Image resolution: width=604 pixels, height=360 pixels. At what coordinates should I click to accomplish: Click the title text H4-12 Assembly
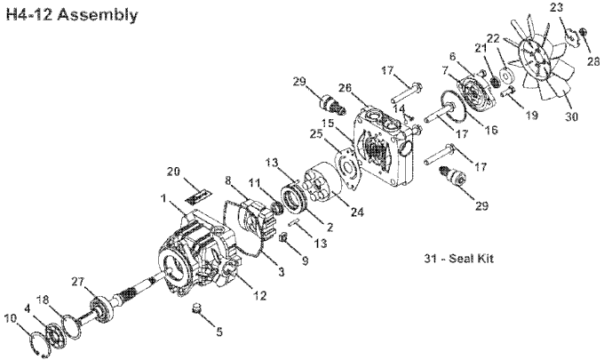coord(71,15)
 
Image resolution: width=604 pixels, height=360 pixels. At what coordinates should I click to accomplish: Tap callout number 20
coord(174,170)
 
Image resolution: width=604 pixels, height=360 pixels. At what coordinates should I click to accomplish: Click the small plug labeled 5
coord(197,309)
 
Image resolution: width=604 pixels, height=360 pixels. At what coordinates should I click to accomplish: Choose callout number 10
coord(10,316)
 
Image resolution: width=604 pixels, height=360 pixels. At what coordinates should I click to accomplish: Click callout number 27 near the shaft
coord(77,282)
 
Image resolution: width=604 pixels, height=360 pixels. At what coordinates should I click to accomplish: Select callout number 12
coord(260,295)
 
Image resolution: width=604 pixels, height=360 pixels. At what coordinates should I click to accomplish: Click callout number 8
coord(230,180)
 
